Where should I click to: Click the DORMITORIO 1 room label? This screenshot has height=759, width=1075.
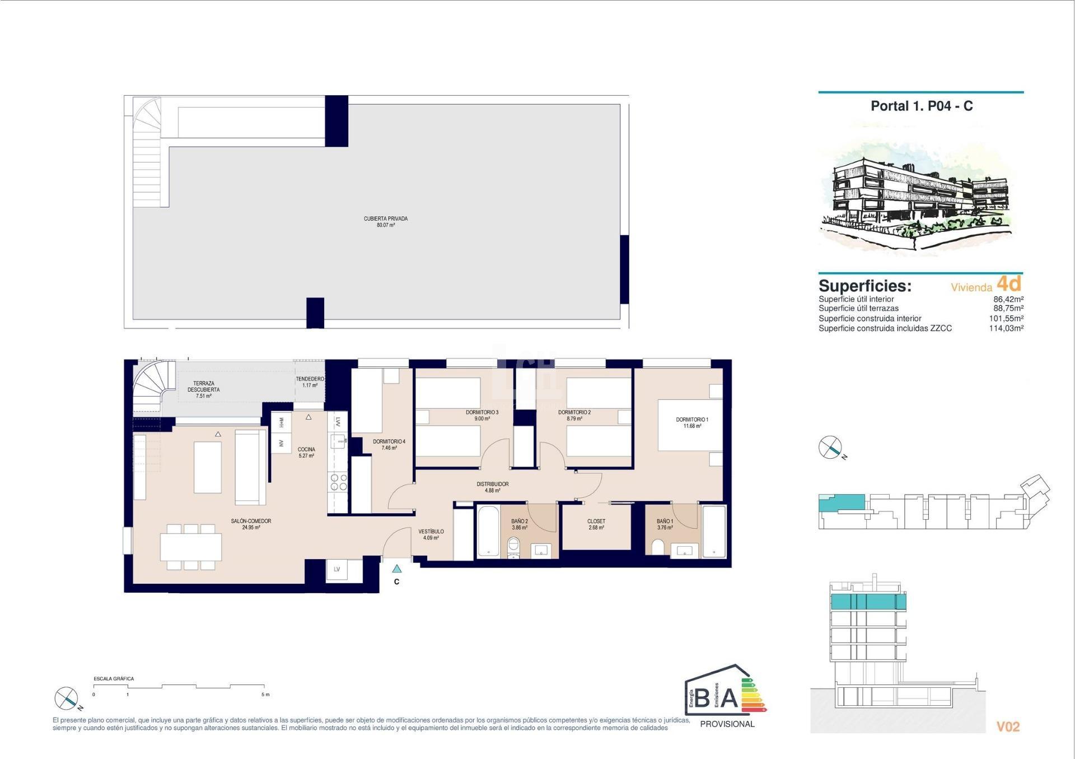tap(691, 420)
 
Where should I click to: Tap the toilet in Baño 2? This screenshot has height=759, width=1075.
tap(513, 547)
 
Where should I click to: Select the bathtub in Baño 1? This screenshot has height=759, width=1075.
tap(714, 531)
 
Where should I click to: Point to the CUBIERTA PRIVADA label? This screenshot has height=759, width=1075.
tap(385, 219)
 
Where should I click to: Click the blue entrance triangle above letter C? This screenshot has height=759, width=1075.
tap(396, 569)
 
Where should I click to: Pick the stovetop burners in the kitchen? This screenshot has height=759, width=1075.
tap(338, 482)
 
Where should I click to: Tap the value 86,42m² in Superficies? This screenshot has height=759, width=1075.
tap(1008, 299)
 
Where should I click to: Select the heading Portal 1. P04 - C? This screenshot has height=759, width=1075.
tap(922, 106)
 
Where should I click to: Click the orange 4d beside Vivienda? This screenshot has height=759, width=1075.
tap(1009, 283)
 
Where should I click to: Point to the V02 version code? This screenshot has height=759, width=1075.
tap(1008, 727)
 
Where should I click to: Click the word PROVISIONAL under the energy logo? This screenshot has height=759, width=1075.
tap(727, 724)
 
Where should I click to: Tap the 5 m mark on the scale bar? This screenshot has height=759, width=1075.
tap(265, 695)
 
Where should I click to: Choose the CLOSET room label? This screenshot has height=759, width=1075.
tap(596, 521)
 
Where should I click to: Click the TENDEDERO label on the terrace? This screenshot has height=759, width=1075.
tap(310, 379)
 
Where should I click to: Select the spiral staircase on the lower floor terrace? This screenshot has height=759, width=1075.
tap(149, 385)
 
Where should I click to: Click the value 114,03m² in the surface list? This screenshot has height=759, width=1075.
tap(1006, 328)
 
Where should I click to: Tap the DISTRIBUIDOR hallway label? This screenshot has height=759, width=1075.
tap(493, 484)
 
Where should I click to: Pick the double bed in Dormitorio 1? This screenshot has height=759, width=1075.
tap(690, 425)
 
